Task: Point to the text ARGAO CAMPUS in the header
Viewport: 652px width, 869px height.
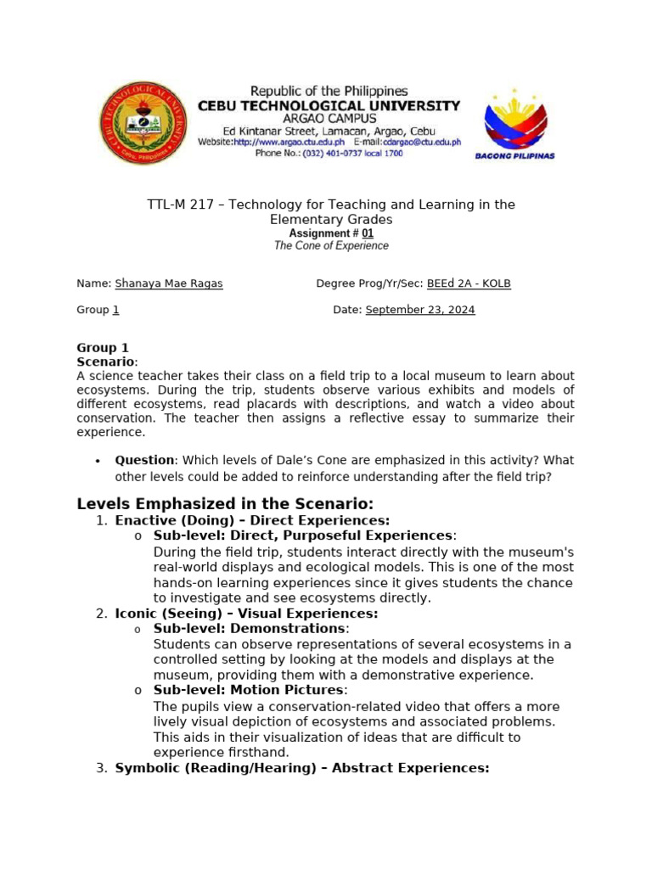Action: click(x=329, y=119)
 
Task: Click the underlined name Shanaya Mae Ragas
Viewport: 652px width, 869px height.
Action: click(x=168, y=283)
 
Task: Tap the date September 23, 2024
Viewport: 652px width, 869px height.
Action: click(x=420, y=310)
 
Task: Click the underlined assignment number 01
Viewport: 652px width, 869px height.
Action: click(x=367, y=233)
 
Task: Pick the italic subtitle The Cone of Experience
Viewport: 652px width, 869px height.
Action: click(x=331, y=246)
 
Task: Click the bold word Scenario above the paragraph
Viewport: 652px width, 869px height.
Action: click(x=105, y=362)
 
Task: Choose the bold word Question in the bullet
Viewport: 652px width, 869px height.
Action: click(x=145, y=460)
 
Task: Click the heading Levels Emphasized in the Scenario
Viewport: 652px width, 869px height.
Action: click(x=225, y=504)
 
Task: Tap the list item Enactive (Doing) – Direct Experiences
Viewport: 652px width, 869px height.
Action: click(x=252, y=520)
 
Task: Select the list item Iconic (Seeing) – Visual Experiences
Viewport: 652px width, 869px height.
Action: click(x=246, y=613)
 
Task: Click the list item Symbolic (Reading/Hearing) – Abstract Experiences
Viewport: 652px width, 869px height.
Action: click(x=302, y=768)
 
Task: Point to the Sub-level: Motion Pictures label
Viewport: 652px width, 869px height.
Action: click(x=249, y=690)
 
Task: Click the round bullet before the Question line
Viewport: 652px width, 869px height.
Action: click(x=98, y=461)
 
